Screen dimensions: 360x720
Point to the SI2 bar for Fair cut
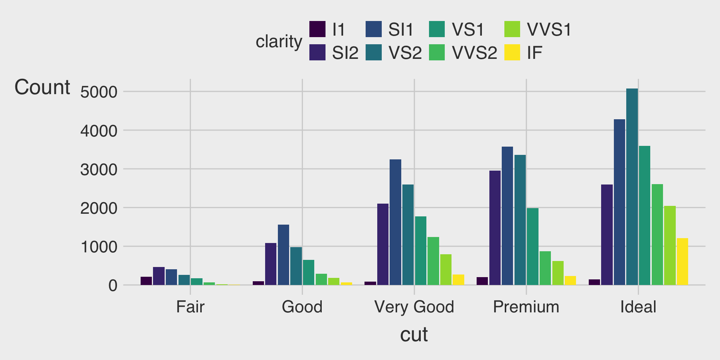(x=159, y=276)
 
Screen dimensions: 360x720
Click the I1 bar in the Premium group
(x=482, y=281)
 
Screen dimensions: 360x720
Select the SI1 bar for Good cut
(x=283, y=255)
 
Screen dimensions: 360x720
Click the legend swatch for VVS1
(x=512, y=29)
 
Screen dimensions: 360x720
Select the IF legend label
(x=534, y=53)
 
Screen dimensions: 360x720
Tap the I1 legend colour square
(x=317, y=29)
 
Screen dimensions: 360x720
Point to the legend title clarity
(x=279, y=41)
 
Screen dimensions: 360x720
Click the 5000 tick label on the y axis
(x=99, y=92)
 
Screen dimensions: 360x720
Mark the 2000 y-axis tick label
(x=99, y=208)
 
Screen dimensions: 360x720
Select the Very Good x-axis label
(x=414, y=307)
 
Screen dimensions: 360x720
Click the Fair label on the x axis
(x=190, y=307)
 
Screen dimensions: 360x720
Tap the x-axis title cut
(x=414, y=334)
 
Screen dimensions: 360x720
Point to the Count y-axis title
(x=42, y=87)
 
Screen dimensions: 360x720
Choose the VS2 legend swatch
(x=373, y=52)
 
